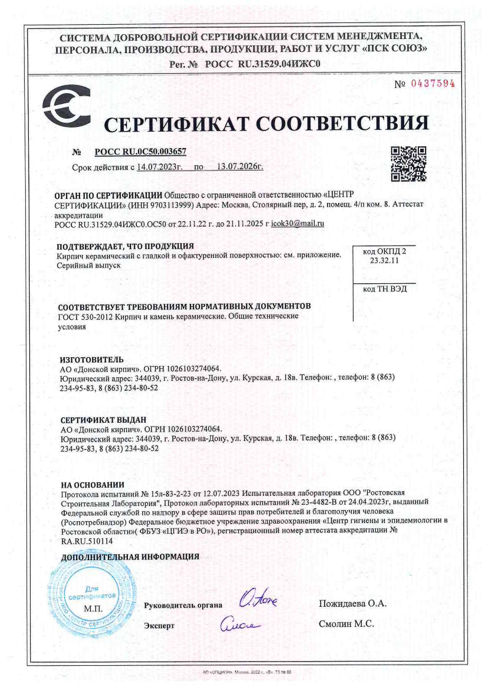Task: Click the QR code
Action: pyautogui.click(x=408, y=164)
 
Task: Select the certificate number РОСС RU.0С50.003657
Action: pyautogui.click(x=140, y=152)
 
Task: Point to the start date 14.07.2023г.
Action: pyautogui.click(x=160, y=167)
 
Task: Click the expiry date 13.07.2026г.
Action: pyautogui.click(x=240, y=167)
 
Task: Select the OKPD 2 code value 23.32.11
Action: pyautogui.click(x=384, y=261)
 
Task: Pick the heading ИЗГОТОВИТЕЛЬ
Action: pyautogui.click(x=91, y=360)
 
